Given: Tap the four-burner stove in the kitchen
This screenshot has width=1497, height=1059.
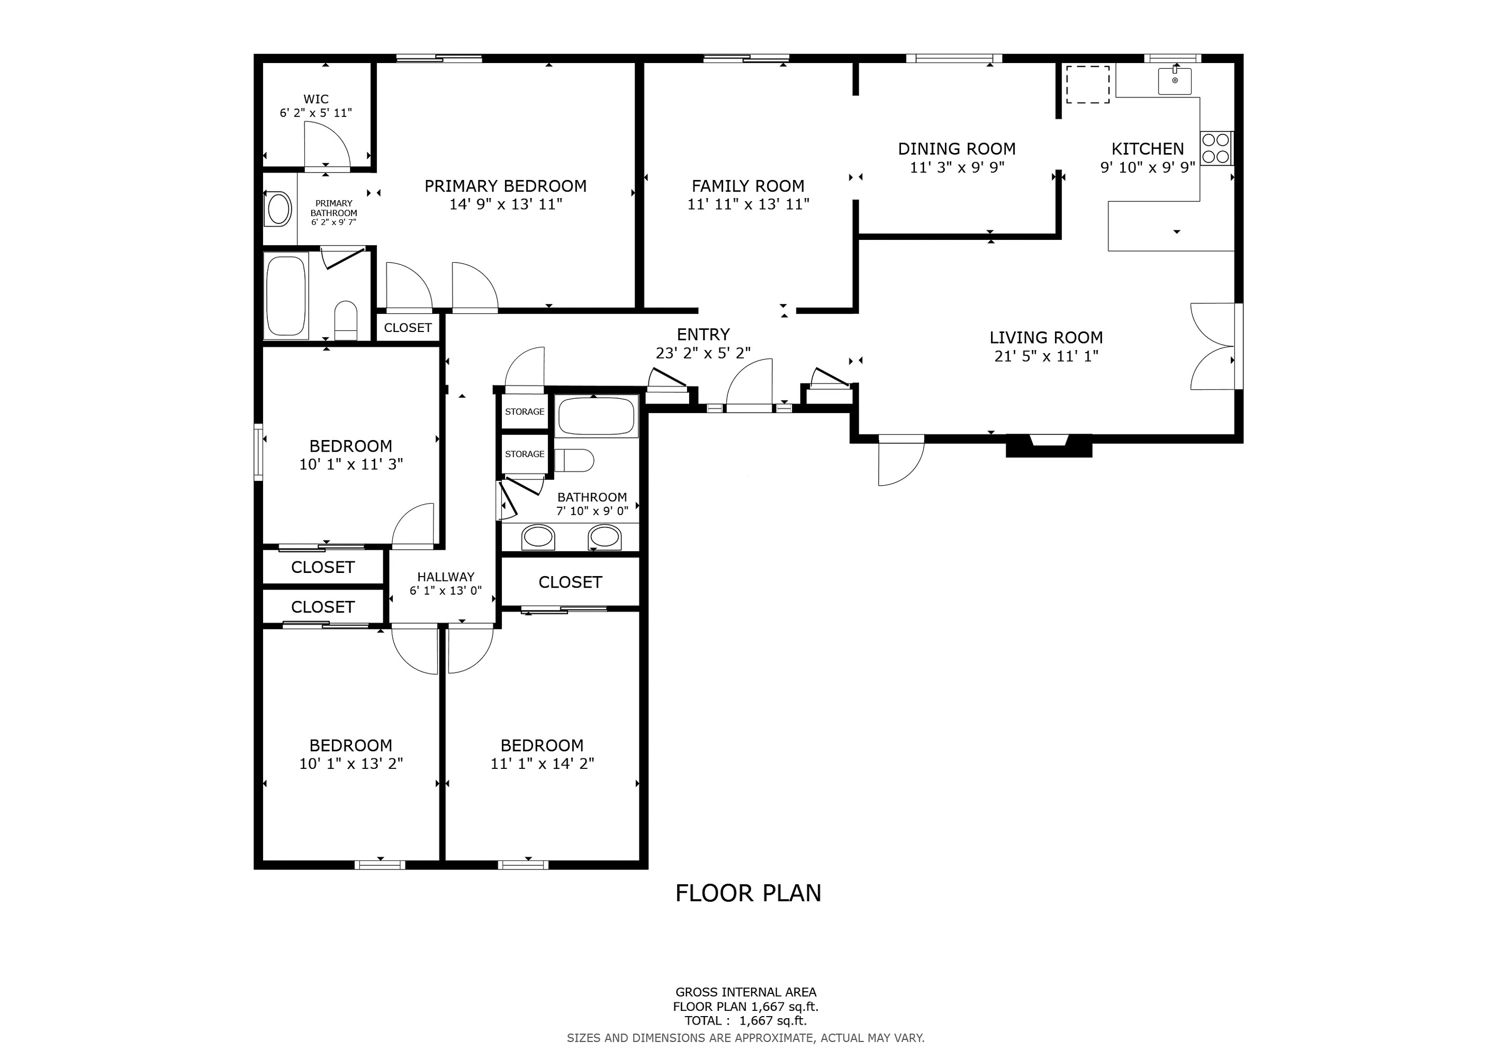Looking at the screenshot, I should pyautogui.click(x=1216, y=148).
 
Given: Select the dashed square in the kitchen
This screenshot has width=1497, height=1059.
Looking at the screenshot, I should pyautogui.click(x=1087, y=85).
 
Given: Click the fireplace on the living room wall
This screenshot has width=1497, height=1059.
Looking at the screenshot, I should pyautogui.click(x=1049, y=445).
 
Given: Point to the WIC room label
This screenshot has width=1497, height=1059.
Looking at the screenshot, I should pyautogui.click(x=315, y=99).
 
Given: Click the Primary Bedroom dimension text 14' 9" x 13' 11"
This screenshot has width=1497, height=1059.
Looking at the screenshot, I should pyautogui.click(x=506, y=204).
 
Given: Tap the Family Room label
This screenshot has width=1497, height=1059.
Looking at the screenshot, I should pyautogui.click(x=748, y=186).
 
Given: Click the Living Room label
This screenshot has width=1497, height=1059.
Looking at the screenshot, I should pyautogui.click(x=1046, y=338).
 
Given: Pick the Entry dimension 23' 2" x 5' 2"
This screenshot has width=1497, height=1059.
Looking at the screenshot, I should pyautogui.click(x=703, y=353).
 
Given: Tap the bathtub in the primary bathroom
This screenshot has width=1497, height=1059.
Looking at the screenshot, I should pyautogui.click(x=286, y=295).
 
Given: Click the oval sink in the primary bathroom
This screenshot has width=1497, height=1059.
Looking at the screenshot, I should pyautogui.click(x=279, y=209).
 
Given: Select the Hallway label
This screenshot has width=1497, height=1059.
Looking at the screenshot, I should pyautogui.click(x=445, y=577).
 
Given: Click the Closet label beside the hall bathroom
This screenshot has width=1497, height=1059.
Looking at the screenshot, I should pyautogui.click(x=570, y=582).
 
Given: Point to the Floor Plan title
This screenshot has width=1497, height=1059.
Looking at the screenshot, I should pyautogui.click(x=748, y=893).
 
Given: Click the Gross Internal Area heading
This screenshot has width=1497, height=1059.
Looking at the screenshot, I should pyautogui.click(x=745, y=992).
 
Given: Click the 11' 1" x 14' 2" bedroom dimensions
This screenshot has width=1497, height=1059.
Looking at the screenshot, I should pyautogui.click(x=542, y=764).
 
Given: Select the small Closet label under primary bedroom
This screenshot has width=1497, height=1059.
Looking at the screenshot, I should pyautogui.click(x=408, y=327).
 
